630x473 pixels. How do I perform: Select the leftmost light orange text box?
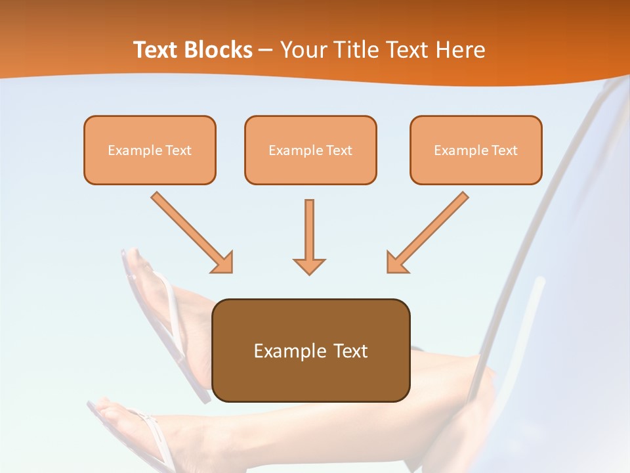(x=150, y=150)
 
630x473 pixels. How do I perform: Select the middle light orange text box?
(x=310, y=150)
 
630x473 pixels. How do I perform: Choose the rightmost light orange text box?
(x=476, y=150)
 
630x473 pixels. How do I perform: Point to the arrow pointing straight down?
(x=309, y=236)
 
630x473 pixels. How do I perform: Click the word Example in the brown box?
(x=281, y=351)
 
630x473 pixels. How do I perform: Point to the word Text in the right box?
(x=504, y=150)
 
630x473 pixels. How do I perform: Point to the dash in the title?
(x=266, y=51)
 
